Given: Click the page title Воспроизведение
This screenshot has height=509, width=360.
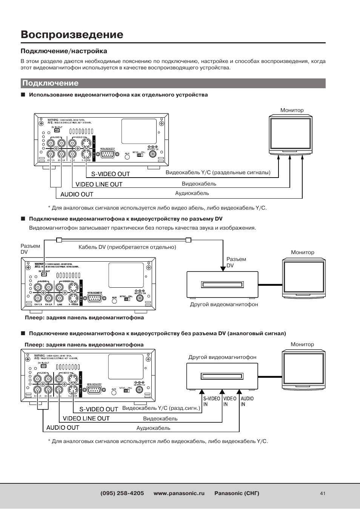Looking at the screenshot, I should click(x=72, y=34).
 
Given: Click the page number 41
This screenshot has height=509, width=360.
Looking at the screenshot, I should click(x=322, y=493).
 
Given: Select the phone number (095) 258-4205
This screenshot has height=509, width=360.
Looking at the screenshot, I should click(x=122, y=493).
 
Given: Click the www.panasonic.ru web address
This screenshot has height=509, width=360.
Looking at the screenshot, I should click(x=179, y=493).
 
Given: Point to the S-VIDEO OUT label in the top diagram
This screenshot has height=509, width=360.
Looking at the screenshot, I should click(x=111, y=174).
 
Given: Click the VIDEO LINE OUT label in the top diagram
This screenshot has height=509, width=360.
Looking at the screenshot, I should click(x=99, y=184).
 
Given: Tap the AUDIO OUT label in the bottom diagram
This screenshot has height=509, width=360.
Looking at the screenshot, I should click(x=63, y=428).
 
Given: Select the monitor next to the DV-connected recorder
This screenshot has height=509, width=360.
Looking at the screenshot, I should click(x=304, y=277).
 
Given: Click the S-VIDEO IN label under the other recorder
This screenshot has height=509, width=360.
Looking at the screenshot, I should click(x=211, y=401).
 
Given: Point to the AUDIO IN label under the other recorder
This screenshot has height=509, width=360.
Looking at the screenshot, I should click(x=247, y=401).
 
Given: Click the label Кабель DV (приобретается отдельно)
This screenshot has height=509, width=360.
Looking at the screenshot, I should click(x=127, y=247).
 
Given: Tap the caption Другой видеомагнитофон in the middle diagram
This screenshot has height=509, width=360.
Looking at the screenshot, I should click(x=224, y=304).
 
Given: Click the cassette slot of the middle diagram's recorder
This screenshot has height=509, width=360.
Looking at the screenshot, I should click(x=222, y=285).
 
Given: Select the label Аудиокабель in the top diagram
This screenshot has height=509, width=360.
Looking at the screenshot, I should click(x=192, y=193).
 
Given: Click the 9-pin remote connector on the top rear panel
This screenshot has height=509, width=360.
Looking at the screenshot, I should click(x=107, y=155).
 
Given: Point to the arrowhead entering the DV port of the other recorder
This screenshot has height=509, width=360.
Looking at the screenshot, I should click(x=222, y=268).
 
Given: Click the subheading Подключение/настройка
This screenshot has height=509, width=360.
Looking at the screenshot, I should click(x=64, y=51).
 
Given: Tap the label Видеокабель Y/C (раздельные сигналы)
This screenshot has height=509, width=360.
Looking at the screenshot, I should click(x=218, y=172).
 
